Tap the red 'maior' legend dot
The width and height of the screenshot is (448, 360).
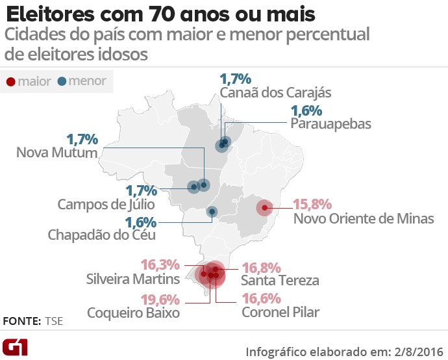tap(11, 82)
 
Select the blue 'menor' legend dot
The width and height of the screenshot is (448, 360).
tap(61, 82)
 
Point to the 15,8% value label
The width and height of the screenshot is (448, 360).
tap(313, 203)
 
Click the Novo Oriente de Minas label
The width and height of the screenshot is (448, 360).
tap(364, 218)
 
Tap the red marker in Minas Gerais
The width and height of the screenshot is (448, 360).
tap(264, 208)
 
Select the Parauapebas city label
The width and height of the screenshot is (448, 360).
tap(330, 123)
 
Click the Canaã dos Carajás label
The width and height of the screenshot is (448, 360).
tap(276, 94)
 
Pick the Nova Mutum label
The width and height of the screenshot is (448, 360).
tap(56, 153)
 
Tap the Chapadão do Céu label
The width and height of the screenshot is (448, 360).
tap(98, 235)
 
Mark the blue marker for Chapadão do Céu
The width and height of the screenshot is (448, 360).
tap(212, 211)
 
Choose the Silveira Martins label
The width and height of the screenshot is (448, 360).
tap(133, 280)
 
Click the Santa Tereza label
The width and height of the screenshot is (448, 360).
tap(280, 281)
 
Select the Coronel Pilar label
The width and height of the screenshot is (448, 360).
tap(280, 313)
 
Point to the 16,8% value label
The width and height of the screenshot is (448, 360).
tap(261, 267)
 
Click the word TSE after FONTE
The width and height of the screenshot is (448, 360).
tap(55, 321)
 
